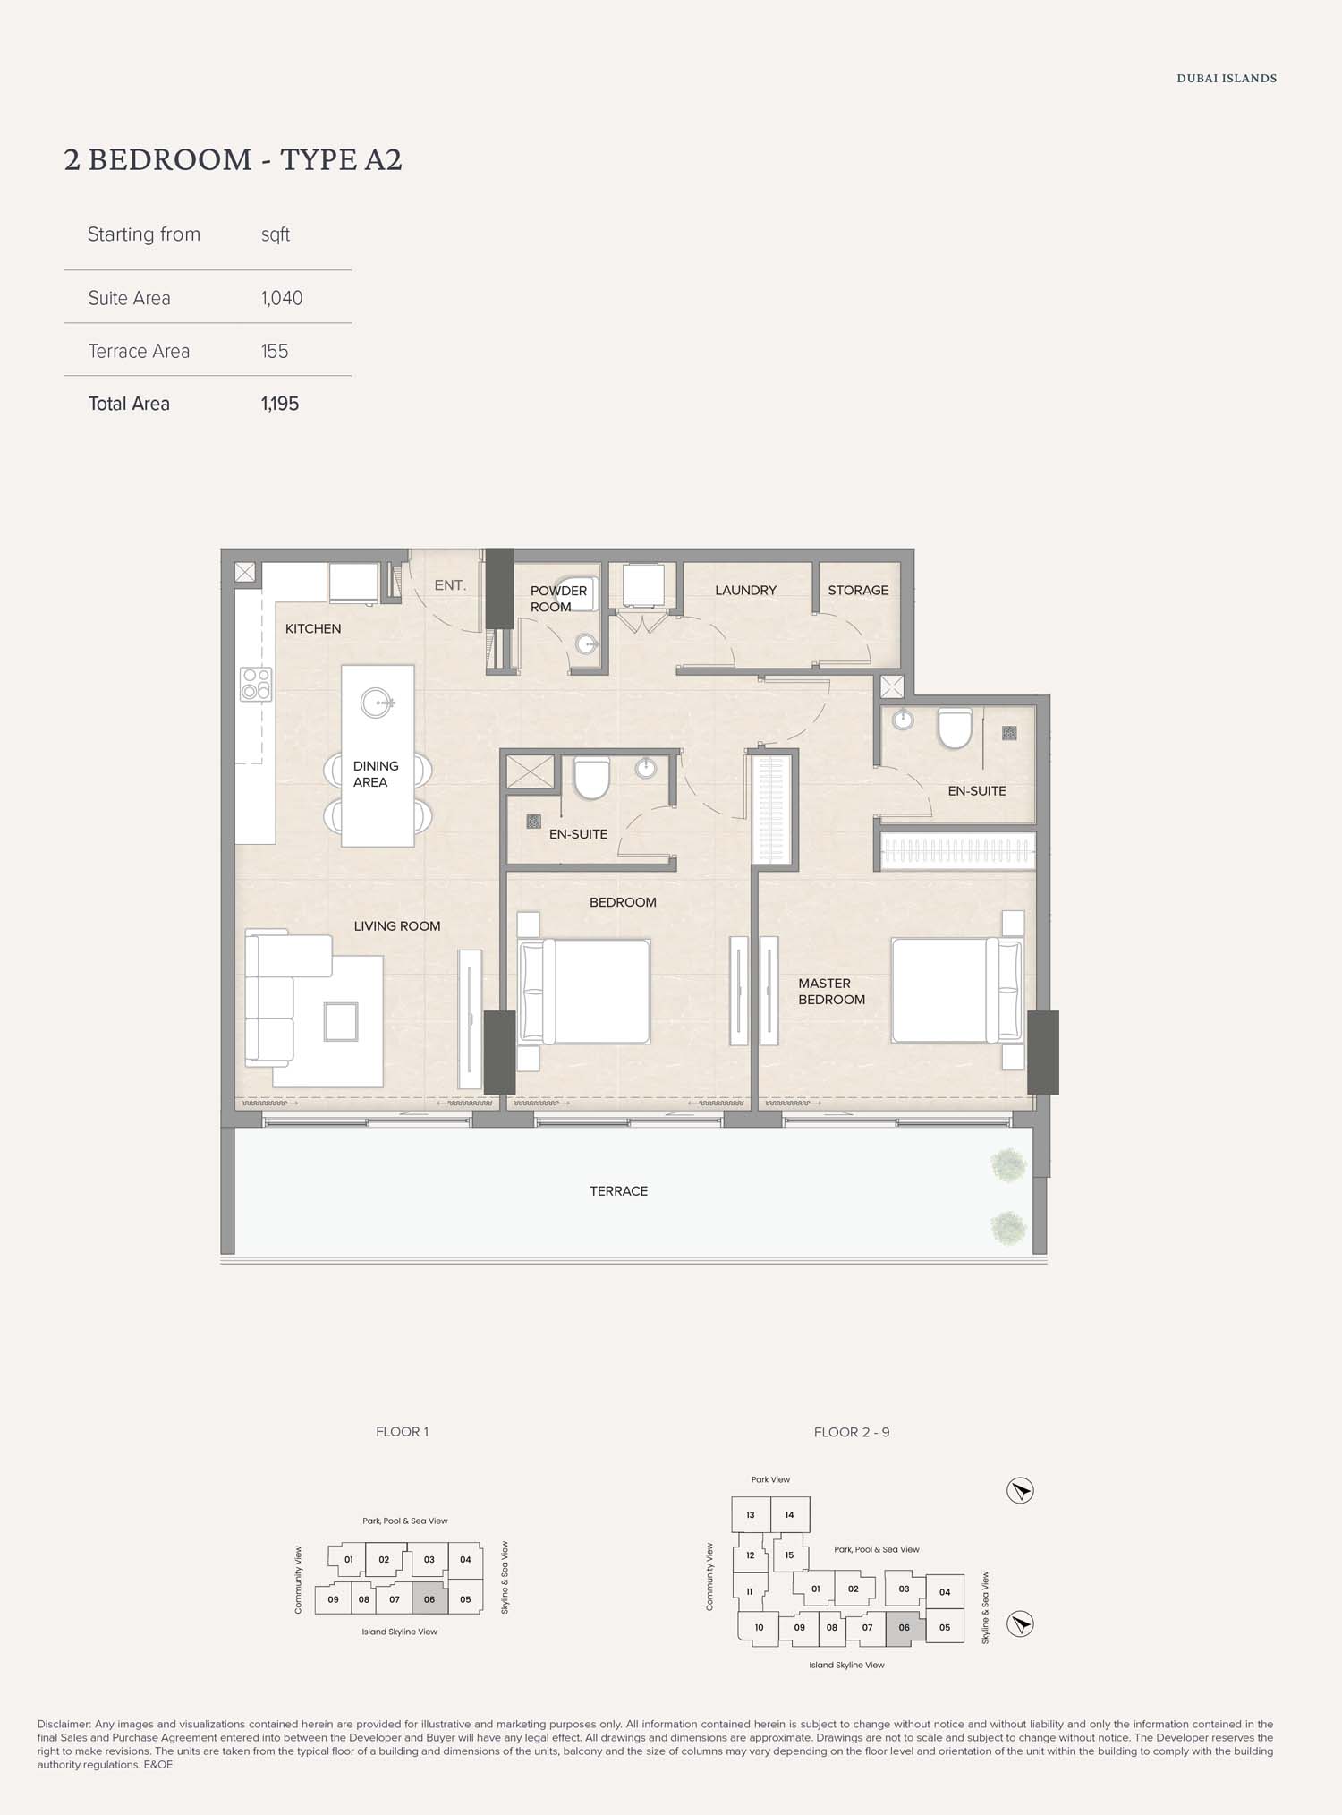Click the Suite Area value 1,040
(282, 298)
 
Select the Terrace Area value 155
(275, 351)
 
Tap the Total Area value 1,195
(280, 404)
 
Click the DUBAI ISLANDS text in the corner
(1227, 79)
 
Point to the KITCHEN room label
(313, 628)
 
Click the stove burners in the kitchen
(256, 684)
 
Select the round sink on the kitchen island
(377, 703)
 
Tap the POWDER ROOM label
(558, 599)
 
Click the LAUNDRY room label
(745, 590)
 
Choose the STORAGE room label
(858, 590)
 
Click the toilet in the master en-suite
(955, 728)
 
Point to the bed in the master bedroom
(956, 990)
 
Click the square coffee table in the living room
(341, 1021)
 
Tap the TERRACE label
(618, 1191)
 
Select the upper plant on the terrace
(1008, 1165)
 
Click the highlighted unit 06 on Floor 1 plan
(429, 1599)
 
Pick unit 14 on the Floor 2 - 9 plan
(789, 1515)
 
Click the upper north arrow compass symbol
(1020, 1490)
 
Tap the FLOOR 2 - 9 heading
(852, 1432)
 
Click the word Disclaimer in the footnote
(64, 1724)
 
